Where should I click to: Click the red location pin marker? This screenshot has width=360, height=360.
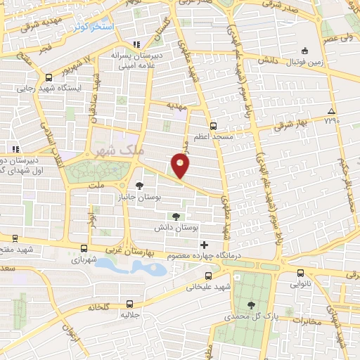[181, 166]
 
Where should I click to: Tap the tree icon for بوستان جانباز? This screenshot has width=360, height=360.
[139, 186]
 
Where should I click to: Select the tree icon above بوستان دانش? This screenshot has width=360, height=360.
[176, 217]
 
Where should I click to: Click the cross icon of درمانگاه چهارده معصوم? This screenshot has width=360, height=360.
[205, 245]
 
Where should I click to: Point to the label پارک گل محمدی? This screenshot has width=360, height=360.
[252, 317]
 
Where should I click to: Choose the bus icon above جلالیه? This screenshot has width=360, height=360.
[129, 304]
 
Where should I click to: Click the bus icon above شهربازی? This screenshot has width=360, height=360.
[84, 248]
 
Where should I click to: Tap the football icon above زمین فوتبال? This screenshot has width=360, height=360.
[304, 51]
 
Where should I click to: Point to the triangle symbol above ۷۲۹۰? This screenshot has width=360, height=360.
[330, 112]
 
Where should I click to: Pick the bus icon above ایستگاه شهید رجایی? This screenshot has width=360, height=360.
[49, 78]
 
